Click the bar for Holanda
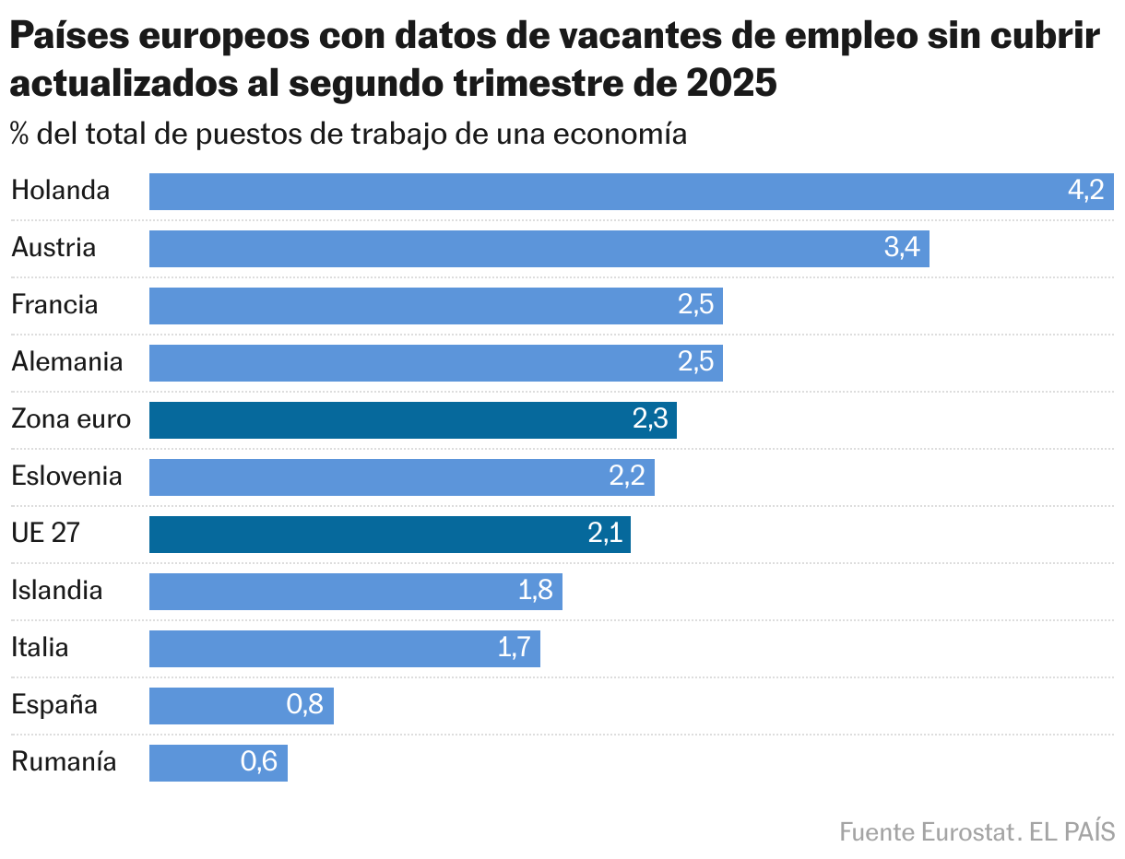click(x=609, y=192)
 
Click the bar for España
click(x=221, y=706)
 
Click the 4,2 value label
click(x=1085, y=191)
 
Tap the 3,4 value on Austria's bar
click(x=901, y=248)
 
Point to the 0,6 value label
click(x=259, y=762)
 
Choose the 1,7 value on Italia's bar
click(x=514, y=648)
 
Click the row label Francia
click(x=54, y=305)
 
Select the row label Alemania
click(x=66, y=362)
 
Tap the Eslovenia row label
click(x=66, y=477)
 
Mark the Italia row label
click(x=40, y=648)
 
